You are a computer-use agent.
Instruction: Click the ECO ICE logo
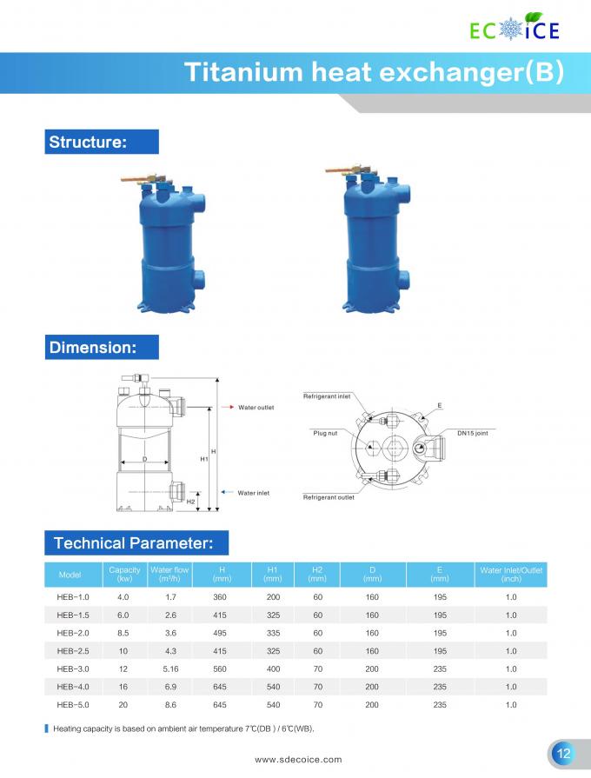click(x=515, y=27)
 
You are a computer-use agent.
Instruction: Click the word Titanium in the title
click(x=243, y=72)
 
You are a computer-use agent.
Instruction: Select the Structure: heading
click(x=88, y=142)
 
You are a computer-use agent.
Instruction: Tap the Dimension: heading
click(x=93, y=348)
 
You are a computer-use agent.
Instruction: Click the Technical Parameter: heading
click(x=134, y=542)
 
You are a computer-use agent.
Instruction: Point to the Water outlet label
click(x=256, y=408)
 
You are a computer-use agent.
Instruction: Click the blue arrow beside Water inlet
click(x=227, y=492)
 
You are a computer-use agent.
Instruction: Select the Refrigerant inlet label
click(x=327, y=396)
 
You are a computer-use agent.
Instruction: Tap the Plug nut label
click(x=325, y=433)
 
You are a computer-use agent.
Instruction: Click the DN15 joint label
click(x=473, y=433)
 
